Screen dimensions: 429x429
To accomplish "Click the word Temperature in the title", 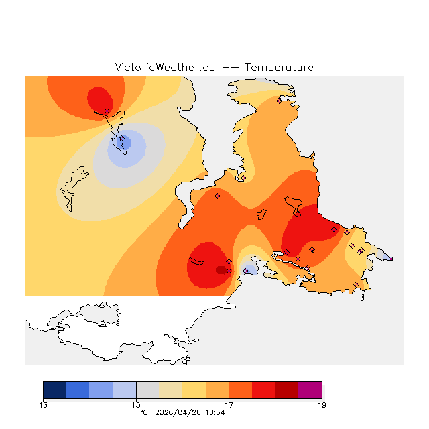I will coord(279,68).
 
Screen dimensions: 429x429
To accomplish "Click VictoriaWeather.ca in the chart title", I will coord(165,68).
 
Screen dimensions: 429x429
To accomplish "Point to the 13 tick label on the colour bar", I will coord(44,405).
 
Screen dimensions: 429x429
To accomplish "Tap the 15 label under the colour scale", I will coord(136,405).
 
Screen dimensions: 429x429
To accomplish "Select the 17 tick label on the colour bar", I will coord(229,405).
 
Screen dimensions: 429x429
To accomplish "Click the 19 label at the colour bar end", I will coord(322,405).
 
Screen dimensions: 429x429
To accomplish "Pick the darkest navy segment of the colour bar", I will coord(55,390).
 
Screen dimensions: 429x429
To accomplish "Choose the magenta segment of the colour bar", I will coord(310,390).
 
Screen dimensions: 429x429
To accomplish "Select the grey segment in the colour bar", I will coord(147,390).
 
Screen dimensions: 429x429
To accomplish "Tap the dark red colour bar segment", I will coord(287,390).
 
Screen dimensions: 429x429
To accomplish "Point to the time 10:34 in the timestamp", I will coord(214,412).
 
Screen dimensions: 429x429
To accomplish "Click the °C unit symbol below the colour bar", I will coord(143,412).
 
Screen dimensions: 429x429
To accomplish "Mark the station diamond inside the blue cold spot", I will coord(121,139).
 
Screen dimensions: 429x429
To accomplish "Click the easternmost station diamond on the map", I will coord(391,259).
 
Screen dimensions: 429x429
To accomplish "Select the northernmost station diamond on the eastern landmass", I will coord(279,101).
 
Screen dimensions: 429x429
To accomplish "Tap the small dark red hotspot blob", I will coord(221,270).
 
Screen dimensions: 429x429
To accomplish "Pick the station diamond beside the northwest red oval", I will coord(107,111).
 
